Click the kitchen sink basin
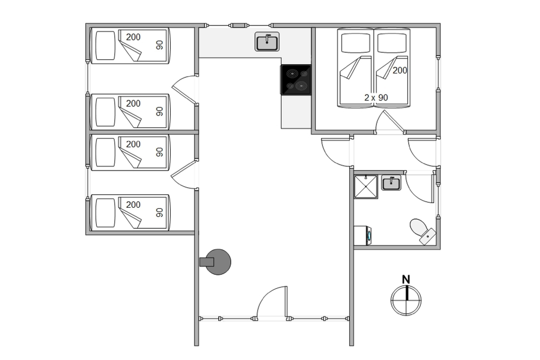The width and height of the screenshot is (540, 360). pos(267,42)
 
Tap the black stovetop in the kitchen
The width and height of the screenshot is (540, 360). pos(296,79)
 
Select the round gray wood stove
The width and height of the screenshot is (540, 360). pos(217,262)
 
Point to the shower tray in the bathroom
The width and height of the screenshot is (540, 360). pos(366,187)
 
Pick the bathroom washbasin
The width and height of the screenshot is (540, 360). pos(391,183)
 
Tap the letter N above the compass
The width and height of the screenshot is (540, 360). pos(407,280)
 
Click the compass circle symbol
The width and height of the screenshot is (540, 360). pos(406,300)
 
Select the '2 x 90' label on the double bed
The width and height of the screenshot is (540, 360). pos(376,97)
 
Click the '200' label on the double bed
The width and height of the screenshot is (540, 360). pos(400,70)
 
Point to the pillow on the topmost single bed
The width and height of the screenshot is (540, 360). pos(105,45)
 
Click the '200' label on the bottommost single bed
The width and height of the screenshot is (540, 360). pos(133,205)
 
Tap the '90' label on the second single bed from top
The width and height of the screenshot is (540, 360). pos(159,112)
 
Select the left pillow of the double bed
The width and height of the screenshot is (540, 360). pos(356,42)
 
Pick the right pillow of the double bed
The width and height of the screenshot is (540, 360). pos(392,42)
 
